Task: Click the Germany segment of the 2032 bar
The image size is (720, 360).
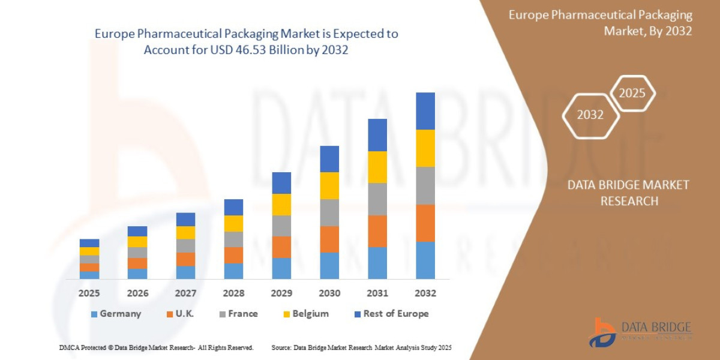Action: (425, 260)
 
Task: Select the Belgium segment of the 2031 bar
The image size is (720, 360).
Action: (377, 167)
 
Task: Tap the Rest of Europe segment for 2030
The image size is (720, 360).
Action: (329, 159)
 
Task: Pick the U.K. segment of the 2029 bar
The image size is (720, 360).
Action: (281, 247)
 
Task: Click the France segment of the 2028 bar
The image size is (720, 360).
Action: (233, 239)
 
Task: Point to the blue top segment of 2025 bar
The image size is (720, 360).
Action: (89, 243)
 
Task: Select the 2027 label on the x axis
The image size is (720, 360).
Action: (185, 293)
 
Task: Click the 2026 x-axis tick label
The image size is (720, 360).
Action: (137, 293)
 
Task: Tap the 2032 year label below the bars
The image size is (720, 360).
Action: (425, 293)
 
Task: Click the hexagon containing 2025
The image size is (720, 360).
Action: (632, 93)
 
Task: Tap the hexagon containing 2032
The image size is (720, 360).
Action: (590, 115)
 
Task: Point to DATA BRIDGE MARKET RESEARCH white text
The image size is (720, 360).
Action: (628, 193)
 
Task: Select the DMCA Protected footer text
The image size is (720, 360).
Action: (156, 347)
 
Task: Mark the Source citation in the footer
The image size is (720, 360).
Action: (361, 347)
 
